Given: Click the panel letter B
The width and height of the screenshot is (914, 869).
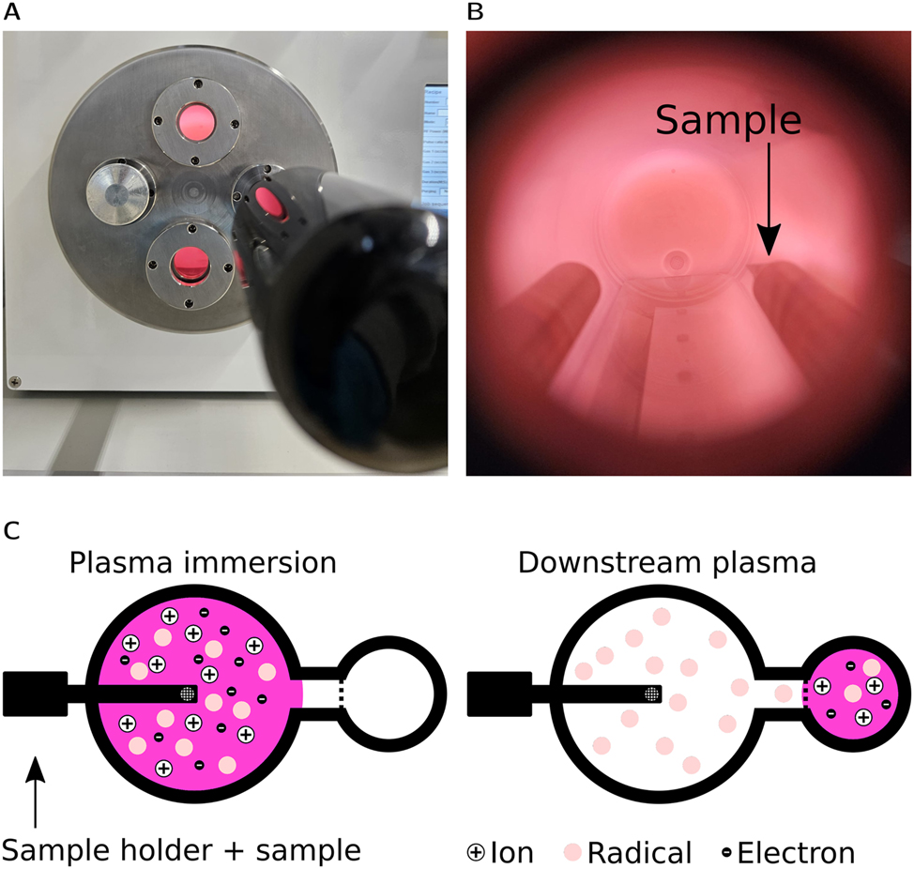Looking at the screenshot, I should pyautogui.click(x=475, y=13).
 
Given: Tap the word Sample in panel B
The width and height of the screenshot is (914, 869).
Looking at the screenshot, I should pyautogui.click(x=728, y=120).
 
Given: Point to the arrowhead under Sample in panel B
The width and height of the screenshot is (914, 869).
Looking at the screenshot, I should pyautogui.click(x=768, y=246).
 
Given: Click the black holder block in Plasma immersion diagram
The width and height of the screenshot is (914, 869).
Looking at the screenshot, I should pyautogui.click(x=36, y=694).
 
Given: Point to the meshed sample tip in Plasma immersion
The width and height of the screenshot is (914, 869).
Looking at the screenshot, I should pyautogui.click(x=189, y=694).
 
